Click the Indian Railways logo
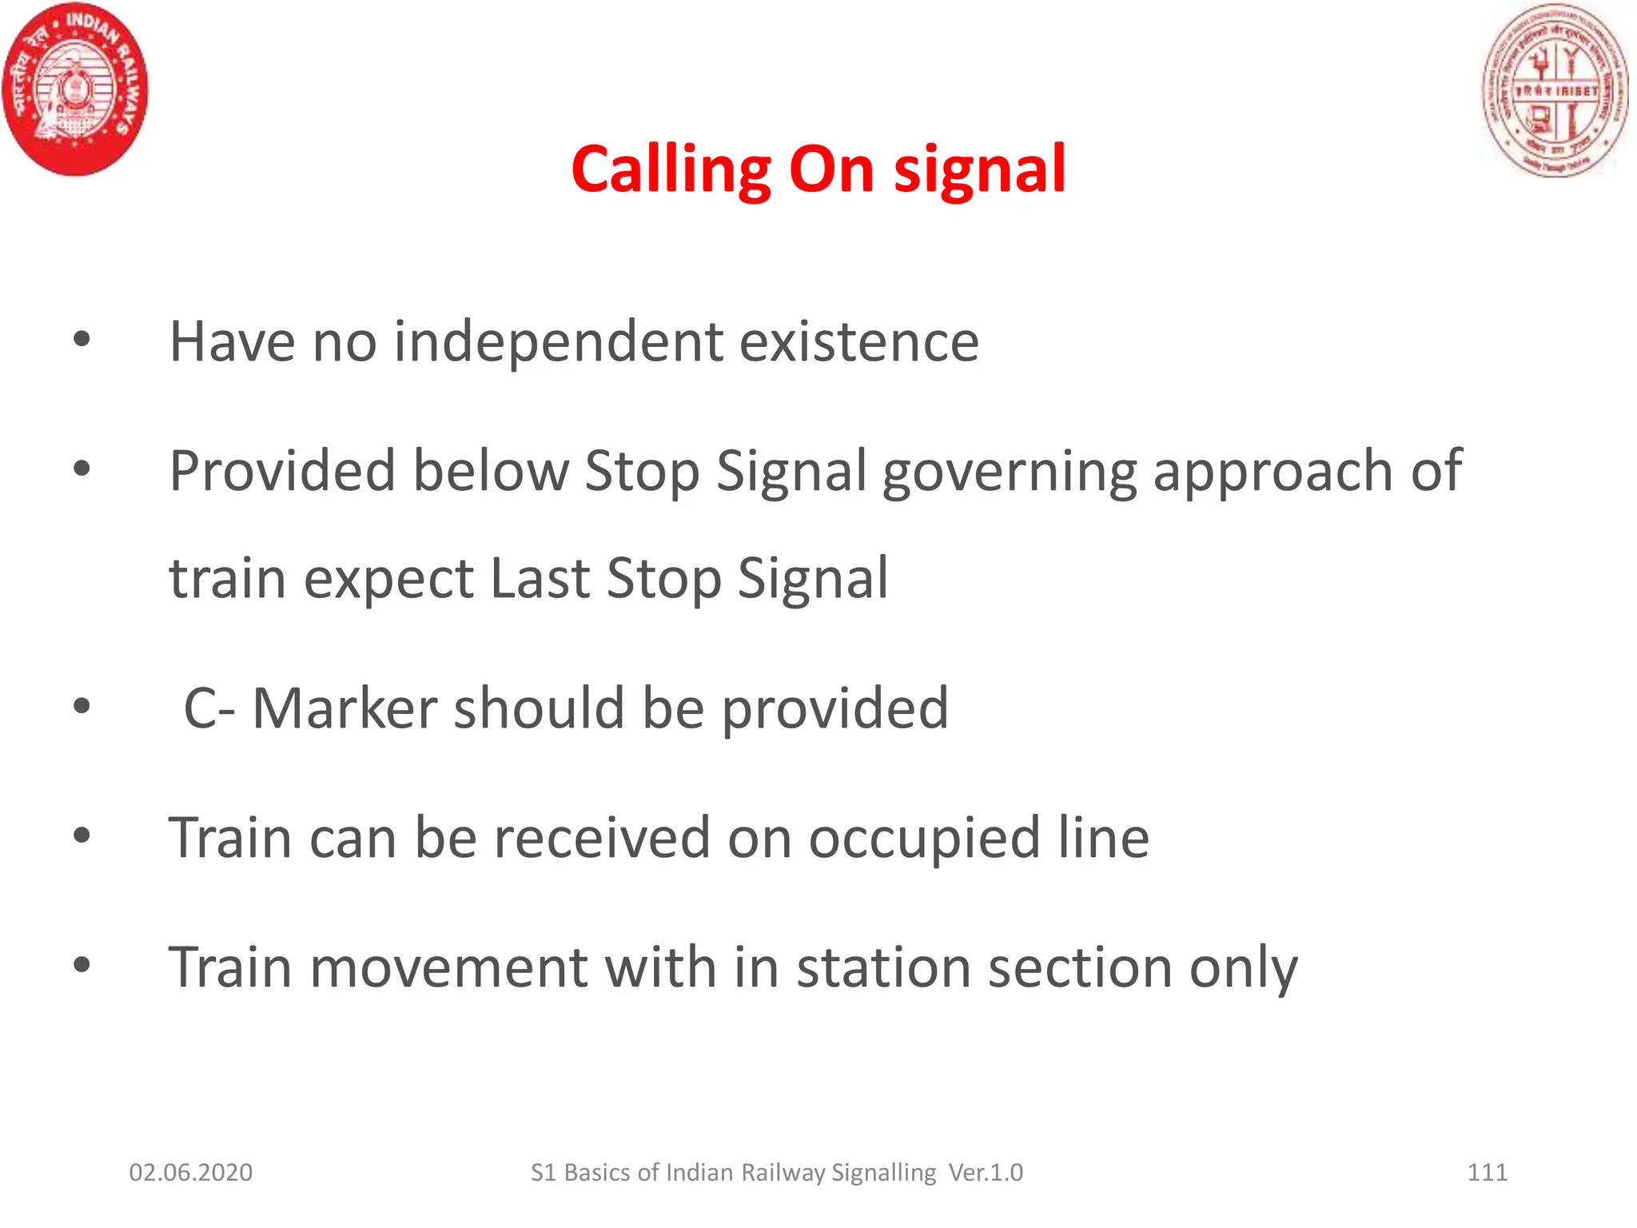click(x=75, y=88)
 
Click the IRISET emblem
click(x=1555, y=90)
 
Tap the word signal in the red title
click(x=979, y=169)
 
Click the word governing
click(x=1009, y=472)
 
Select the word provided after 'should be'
click(x=834, y=708)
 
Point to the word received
click(x=601, y=838)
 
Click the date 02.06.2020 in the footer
click(x=190, y=1173)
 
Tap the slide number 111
click(x=1487, y=1173)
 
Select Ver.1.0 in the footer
click(x=986, y=1173)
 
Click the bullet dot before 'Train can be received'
click(x=82, y=836)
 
